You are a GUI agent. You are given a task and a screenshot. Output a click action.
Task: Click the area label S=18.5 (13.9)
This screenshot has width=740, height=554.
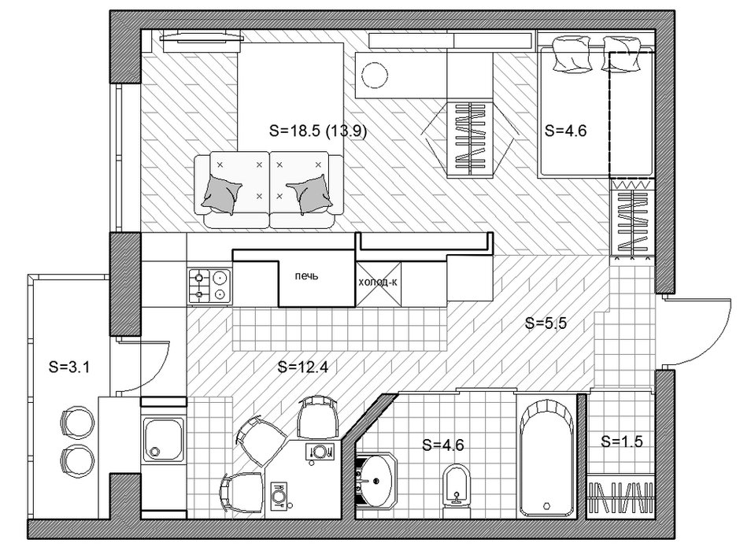[x=317, y=131]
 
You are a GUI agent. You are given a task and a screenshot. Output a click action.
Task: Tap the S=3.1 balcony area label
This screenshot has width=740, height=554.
[x=69, y=367]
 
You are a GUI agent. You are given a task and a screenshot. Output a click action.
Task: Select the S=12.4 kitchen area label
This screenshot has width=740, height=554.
[x=302, y=367]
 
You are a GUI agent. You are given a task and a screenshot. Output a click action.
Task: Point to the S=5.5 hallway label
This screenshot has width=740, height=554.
[x=546, y=323]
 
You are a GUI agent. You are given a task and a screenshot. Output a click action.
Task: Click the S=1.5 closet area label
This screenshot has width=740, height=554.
[x=622, y=441]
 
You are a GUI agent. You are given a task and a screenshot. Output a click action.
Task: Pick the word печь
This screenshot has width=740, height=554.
[x=307, y=276]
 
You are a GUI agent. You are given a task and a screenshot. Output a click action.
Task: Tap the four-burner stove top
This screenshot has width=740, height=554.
[x=210, y=286]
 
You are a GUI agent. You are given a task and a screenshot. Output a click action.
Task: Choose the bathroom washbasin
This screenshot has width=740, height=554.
[x=376, y=481]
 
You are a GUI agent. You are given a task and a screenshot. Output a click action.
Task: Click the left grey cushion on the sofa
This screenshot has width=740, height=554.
[x=221, y=194]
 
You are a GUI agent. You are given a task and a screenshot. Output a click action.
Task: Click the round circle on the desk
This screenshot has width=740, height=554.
[x=375, y=75]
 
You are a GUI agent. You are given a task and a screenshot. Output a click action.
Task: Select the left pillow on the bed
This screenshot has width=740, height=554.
[x=570, y=54]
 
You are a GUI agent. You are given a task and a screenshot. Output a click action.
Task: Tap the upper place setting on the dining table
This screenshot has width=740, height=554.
[x=319, y=452]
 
